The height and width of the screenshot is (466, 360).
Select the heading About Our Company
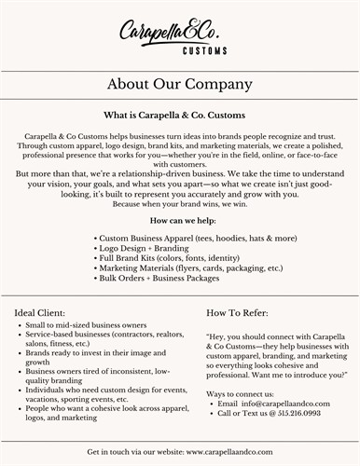tap(179, 84)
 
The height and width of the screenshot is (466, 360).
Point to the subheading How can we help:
tap(180, 220)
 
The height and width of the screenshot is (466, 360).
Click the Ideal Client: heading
tap(40, 311)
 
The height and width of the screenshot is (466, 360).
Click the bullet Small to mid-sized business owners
tap(78, 325)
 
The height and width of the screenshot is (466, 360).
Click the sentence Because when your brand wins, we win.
tap(180, 204)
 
